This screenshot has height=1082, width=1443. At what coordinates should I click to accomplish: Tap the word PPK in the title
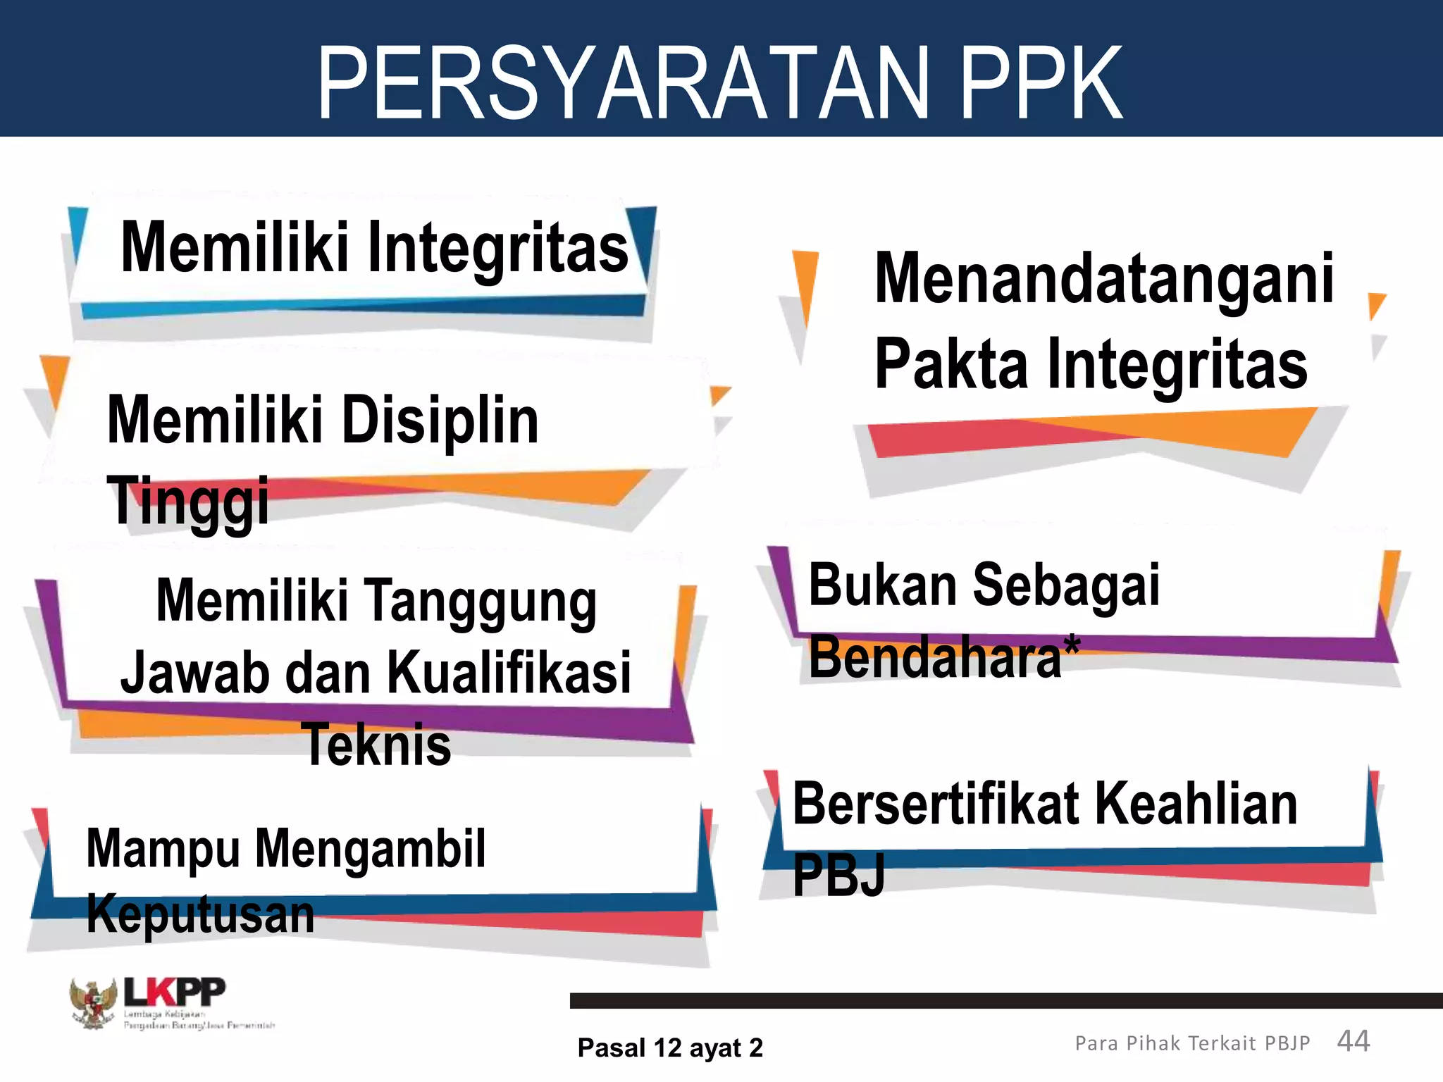[x=1041, y=83]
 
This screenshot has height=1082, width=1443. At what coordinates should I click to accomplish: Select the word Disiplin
[x=440, y=421]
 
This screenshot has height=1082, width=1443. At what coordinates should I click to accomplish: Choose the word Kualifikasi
[x=509, y=673]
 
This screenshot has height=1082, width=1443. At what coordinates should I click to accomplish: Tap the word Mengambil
[x=370, y=849]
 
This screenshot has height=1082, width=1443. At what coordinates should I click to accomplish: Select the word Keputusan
[x=200, y=914]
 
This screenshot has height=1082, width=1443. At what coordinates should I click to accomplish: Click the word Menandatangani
[x=1104, y=280]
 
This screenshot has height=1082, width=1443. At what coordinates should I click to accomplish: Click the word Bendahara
[x=935, y=657]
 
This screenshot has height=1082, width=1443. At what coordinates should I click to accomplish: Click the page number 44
[x=1353, y=1041]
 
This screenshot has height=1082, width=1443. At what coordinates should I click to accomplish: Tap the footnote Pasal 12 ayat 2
[x=670, y=1048]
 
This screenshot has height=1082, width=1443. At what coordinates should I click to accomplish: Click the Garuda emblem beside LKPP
[x=93, y=1003]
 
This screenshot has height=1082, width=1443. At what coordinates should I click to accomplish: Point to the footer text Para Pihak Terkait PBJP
[x=1192, y=1043]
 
